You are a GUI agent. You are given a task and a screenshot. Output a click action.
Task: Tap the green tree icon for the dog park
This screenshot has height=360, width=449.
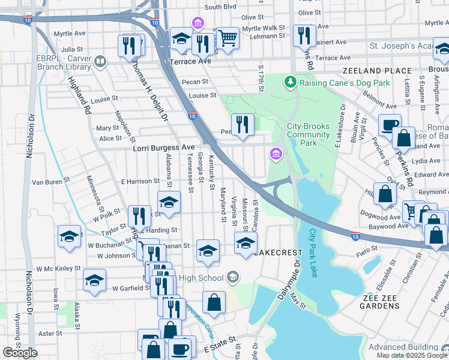[291, 80]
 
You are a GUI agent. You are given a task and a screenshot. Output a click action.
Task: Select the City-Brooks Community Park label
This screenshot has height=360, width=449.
[309, 134]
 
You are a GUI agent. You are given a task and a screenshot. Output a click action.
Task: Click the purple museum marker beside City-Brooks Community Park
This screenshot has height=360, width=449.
[276, 155]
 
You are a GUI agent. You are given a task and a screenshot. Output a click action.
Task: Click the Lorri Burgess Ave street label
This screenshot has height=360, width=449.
[164, 147]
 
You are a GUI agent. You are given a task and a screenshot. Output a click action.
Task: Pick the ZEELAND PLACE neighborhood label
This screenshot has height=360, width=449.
[377, 71]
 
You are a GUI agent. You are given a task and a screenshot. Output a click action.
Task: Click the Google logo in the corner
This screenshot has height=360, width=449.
[20, 353]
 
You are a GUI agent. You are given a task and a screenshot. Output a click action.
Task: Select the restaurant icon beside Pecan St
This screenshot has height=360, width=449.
[243, 124]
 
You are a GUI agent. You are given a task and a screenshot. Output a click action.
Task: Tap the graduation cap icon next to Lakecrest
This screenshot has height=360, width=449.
[246, 243]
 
